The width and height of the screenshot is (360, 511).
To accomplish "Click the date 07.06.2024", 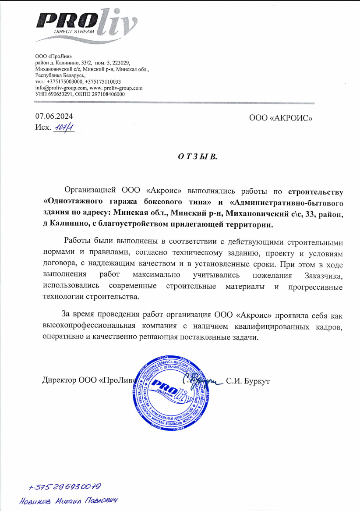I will click(x=54, y=117).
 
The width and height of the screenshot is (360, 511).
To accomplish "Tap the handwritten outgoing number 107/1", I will click(x=64, y=128).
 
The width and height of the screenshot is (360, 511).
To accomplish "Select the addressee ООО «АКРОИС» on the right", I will click(x=281, y=117).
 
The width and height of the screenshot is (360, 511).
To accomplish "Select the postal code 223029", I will click(x=121, y=63).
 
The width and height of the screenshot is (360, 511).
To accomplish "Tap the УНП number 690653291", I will click(x=60, y=94).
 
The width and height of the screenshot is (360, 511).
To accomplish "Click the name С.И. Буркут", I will click(x=247, y=380).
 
